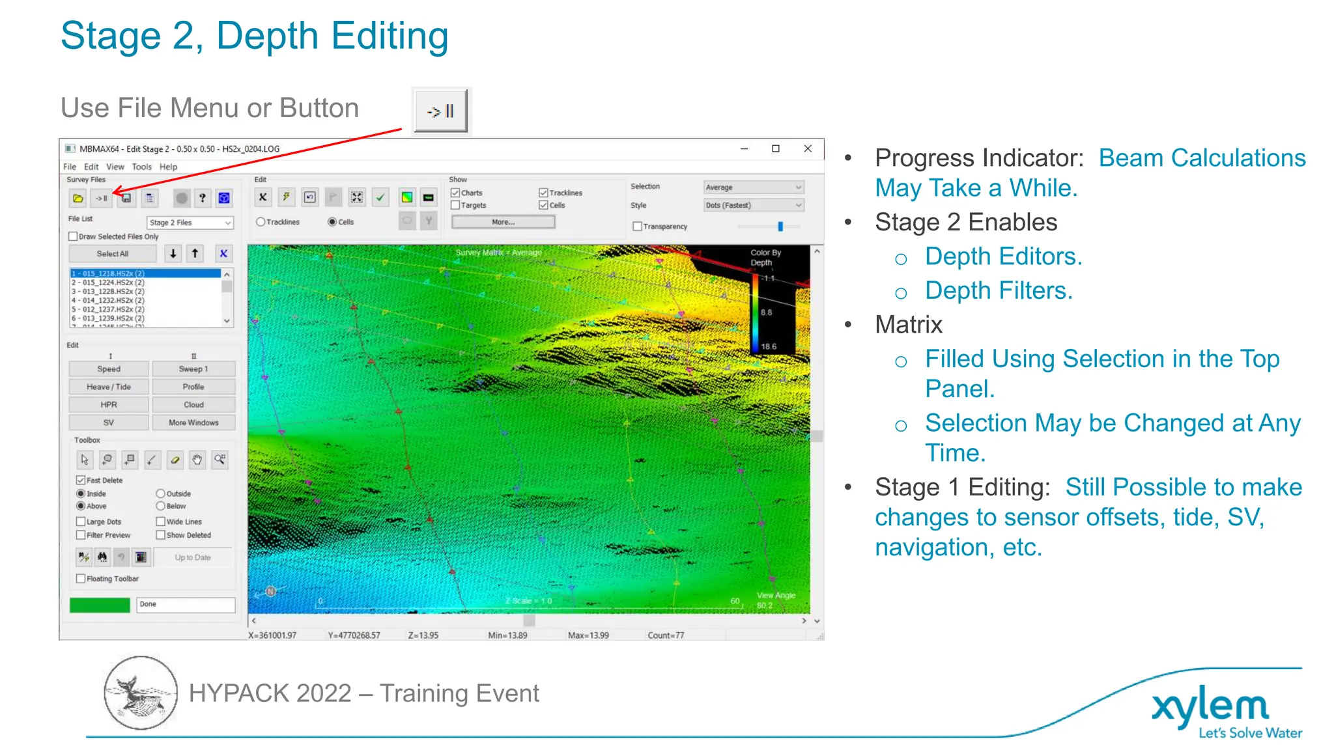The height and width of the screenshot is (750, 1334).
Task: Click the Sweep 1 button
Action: pyautogui.click(x=193, y=368)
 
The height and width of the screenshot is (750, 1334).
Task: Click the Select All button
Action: pyautogui.click(x=112, y=254)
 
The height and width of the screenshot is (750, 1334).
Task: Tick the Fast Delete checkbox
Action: pyautogui.click(x=81, y=480)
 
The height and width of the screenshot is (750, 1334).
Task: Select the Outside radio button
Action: pyautogui.click(x=160, y=493)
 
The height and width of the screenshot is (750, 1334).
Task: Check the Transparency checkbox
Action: pyautogui.click(x=637, y=227)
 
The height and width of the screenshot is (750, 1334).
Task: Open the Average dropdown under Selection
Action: pyautogui.click(x=754, y=187)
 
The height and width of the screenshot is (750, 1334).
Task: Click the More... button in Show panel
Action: pyautogui.click(x=503, y=222)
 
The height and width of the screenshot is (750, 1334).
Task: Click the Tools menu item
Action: pyautogui.click(x=141, y=167)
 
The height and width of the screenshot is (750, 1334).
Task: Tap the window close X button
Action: pyautogui.click(x=808, y=148)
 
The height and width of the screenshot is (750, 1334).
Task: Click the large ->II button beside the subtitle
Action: pyautogui.click(x=441, y=111)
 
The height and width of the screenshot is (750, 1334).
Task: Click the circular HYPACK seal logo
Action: pyautogui.click(x=140, y=693)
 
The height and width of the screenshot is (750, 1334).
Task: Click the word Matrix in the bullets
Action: pyautogui.click(x=909, y=325)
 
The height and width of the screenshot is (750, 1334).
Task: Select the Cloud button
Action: pyautogui.click(x=193, y=404)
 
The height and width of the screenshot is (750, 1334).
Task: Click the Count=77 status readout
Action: pyautogui.click(x=666, y=635)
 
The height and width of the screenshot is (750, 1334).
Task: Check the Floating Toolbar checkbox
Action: pyautogui.click(x=81, y=579)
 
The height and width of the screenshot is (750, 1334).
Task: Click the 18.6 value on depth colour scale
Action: pyautogui.click(x=769, y=346)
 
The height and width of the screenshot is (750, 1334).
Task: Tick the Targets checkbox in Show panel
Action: pyautogui.click(x=455, y=205)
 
